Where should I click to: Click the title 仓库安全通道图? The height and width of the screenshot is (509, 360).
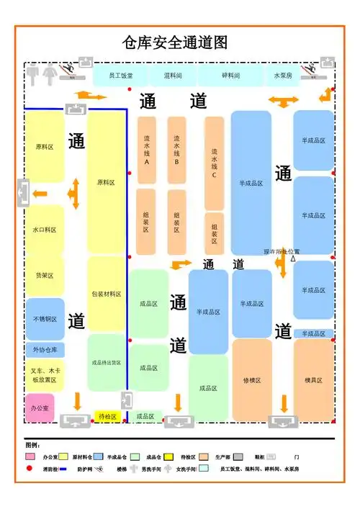(x=176, y=42)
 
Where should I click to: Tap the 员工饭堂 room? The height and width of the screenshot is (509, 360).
(x=120, y=75)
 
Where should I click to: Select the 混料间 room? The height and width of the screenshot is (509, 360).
(x=173, y=75)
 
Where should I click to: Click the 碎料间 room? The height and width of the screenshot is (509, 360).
(x=230, y=75)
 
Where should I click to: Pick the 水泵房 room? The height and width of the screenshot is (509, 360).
(x=282, y=75)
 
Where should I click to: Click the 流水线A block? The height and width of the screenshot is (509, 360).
(x=146, y=150)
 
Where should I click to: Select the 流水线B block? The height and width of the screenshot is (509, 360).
(x=176, y=150)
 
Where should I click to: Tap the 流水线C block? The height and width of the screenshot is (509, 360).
(x=214, y=163)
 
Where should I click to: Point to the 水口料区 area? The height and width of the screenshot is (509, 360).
(x=45, y=230)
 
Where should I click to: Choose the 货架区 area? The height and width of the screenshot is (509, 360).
(x=45, y=275)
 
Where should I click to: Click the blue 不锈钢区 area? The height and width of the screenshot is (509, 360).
(x=45, y=319)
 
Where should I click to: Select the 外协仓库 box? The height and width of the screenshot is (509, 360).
(x=45, y=350)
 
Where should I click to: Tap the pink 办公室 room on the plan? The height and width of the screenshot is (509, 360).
(x=40, y=407)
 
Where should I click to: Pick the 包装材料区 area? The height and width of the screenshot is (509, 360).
(x=107, y=294)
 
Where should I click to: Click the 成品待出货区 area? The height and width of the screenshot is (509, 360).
(x=107, y=362)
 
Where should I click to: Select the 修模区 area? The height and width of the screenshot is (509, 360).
(x=252, y=380)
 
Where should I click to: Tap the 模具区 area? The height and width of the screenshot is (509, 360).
(x=313, y=380)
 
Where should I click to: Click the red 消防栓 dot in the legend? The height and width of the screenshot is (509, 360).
(x=30, y=469)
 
